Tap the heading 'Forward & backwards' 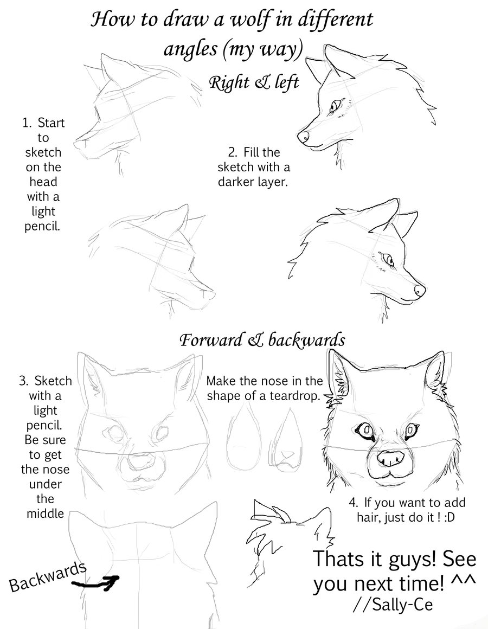[x=262, y=340]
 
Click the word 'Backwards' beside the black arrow [x=48, y=576]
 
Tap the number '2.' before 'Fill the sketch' [x=234, y=153]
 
